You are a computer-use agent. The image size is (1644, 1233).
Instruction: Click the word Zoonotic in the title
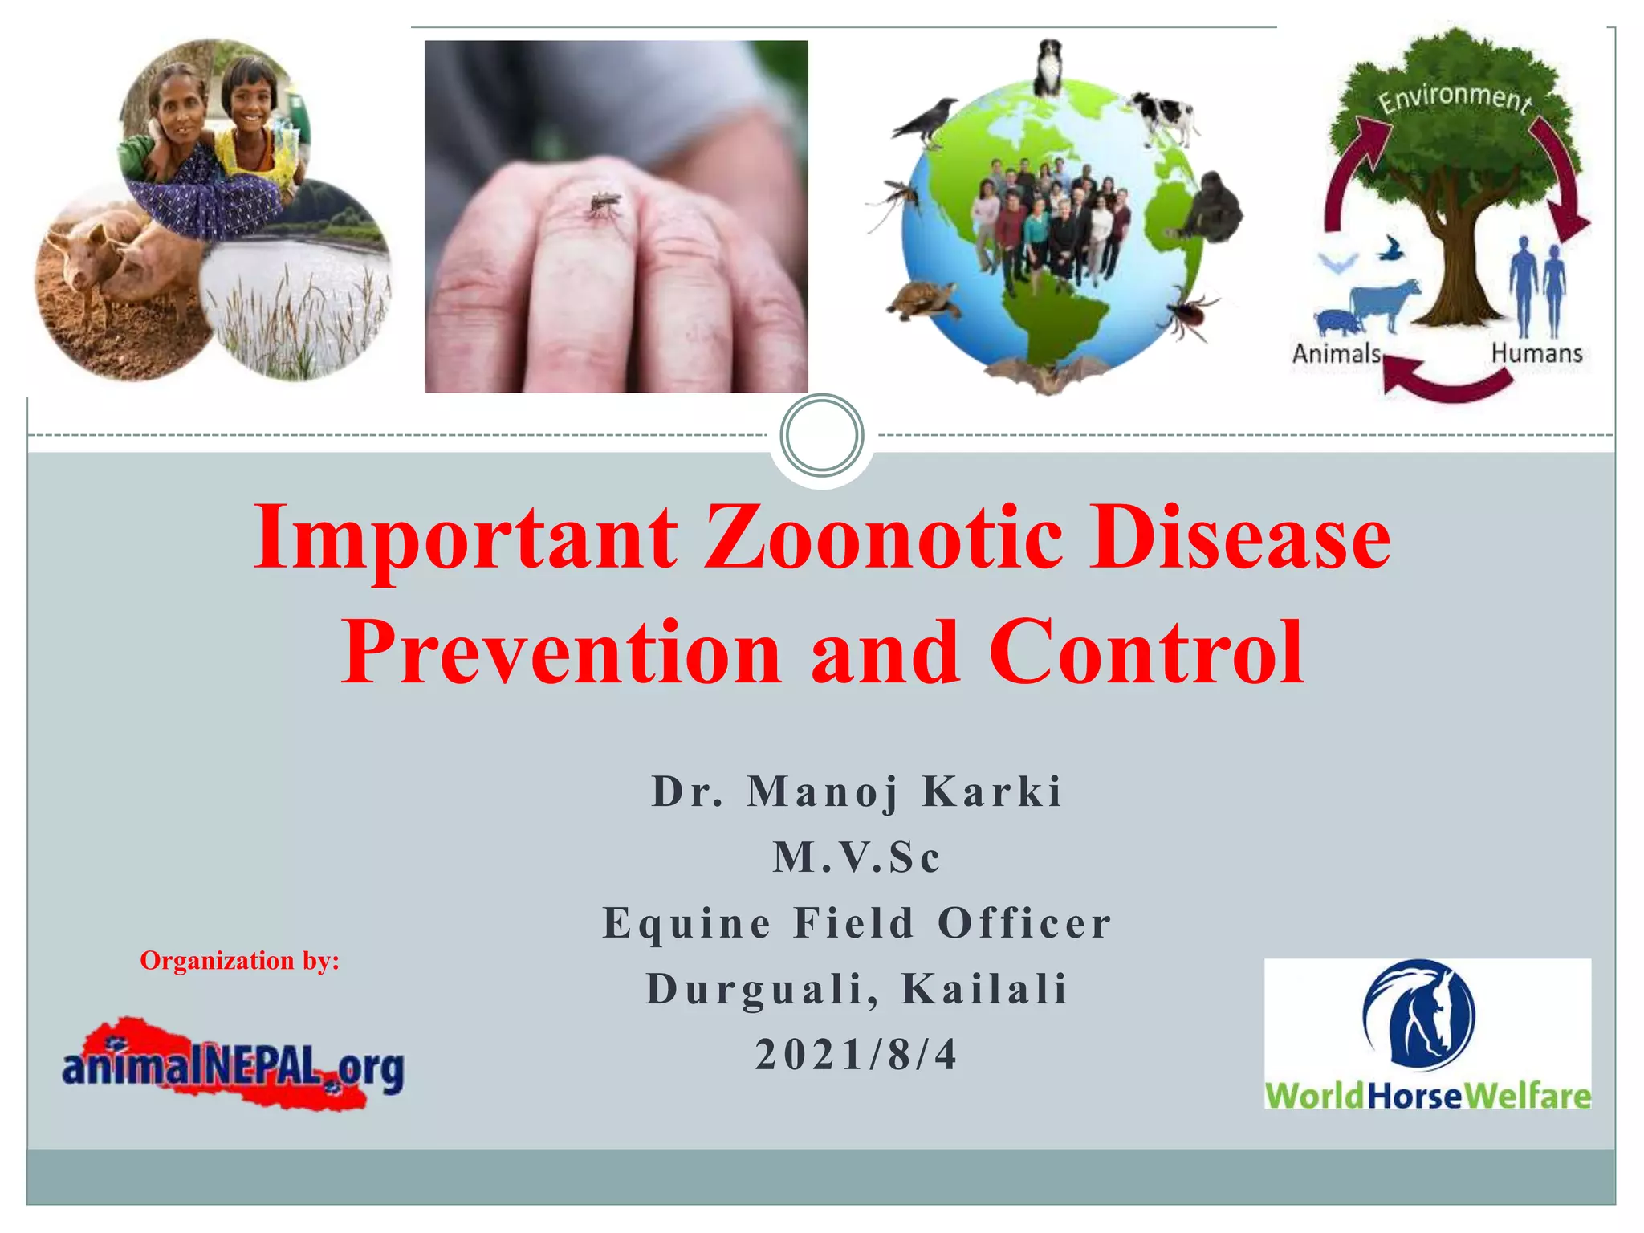[x=883, y=538]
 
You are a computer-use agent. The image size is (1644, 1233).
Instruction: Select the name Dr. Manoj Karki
[x=857, y=791]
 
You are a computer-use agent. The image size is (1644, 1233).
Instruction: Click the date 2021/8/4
[x=857, y=1055]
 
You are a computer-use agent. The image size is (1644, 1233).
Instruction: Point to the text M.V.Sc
[x=857, y=857]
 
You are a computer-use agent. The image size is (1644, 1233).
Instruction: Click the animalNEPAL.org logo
[x=233, y=1066]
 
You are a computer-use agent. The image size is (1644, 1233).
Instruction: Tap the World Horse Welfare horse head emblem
[x=1418, y=1014]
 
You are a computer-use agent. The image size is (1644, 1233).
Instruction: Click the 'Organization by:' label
[x=239, y=961]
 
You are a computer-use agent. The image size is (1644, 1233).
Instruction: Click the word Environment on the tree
[x=1454, y=99]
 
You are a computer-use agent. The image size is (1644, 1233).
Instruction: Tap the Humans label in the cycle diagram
[x=1536, y=353]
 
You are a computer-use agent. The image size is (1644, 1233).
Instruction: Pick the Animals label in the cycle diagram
[x=1336, y=354]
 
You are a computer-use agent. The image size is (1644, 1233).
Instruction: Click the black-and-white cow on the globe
[x=1163, y=116]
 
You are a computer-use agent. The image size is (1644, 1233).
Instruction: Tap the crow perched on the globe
[x=927, y=120]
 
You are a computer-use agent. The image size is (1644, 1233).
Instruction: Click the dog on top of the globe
[x=1048, y=68]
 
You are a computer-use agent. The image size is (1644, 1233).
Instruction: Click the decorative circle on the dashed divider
[x=821, y=435]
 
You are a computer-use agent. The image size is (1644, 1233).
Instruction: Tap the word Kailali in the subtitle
[x=985, y=989]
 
